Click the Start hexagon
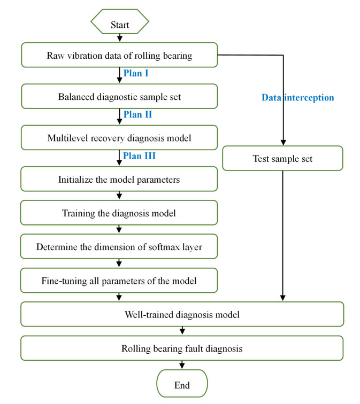tap(120, 25)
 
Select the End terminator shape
tap(181, 385)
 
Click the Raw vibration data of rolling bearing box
tap(119, 56)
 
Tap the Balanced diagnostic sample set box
tap(119, 97)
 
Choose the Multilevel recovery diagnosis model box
tap(119, 138)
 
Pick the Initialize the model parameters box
tap(119, 179)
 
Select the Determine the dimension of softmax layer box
tap(119, 247)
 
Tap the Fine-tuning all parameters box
tap(119, 280)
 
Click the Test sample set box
tap(282, 158)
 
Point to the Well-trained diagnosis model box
tap(181, 314)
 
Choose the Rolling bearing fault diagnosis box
tap(181, 348)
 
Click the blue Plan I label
tap(136, 73)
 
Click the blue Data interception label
tap(297, 97)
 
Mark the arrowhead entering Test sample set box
tap(282, 143)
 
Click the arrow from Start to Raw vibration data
tap(120, 38)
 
